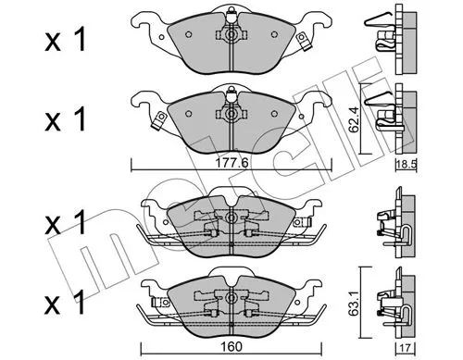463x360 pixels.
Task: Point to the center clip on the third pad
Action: tap(225, 222)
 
